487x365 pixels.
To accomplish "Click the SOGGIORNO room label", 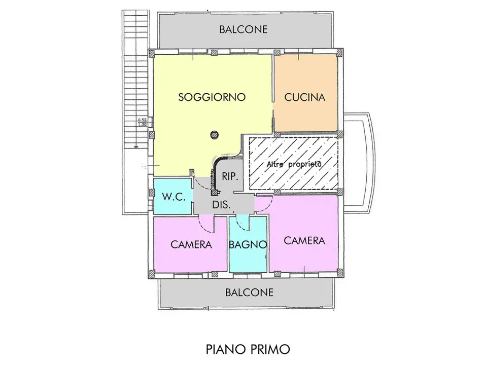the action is coord(212,97).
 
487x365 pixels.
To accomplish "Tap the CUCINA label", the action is coord(304,97).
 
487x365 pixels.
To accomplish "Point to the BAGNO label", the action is coord(248,244).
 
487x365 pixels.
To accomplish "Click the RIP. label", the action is coord(230,176).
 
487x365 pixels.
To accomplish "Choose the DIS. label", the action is coord(222,205).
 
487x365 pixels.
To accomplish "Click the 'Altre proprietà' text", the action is coord(294,164).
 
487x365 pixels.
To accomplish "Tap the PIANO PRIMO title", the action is coord(248,349).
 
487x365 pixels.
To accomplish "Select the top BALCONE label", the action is coord(243,29).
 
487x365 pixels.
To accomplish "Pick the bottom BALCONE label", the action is coord(249,293).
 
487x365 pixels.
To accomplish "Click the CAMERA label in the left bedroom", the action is coord(191,244).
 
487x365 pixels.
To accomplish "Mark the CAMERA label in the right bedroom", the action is coord(304,240).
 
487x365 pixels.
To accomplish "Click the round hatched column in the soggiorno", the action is coord(215,134).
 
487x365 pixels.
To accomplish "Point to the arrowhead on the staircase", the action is coord(136,145).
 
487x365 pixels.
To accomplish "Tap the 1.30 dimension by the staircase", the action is coord(142,124).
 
